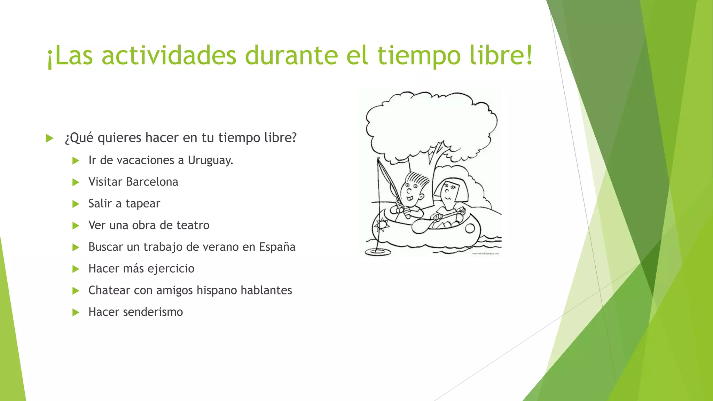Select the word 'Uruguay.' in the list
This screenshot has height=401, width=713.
point(210,160)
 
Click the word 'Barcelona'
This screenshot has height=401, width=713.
point(152,182)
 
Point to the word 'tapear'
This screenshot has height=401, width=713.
point(143,204)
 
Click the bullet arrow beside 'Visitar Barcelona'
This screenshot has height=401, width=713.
point(76,182)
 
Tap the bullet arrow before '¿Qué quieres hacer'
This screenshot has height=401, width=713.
point(49,138)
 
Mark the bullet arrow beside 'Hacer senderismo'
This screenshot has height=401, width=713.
point(76,312)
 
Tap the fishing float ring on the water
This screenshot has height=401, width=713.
point(377,251)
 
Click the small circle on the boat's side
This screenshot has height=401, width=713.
point(470,228)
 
